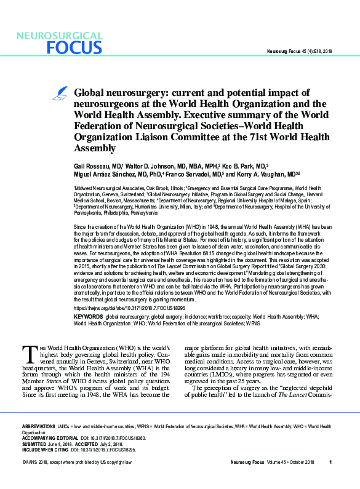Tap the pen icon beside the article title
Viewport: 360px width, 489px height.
62,93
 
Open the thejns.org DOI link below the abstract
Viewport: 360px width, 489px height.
121,307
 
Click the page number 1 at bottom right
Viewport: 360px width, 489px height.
330,479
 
